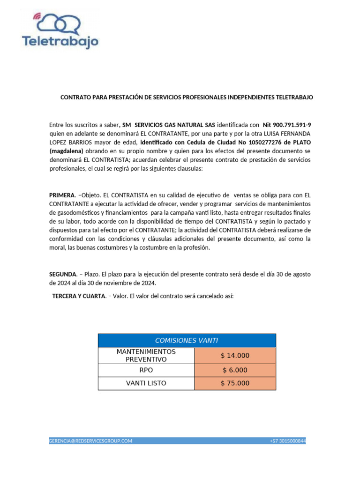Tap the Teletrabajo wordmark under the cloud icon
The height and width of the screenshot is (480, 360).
click(x=60, y=41)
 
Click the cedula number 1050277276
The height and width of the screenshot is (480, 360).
click(x=255, y=142)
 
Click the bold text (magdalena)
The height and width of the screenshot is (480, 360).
click(x=67, y=151)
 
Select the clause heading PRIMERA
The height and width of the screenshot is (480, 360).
click(x=62, y=195)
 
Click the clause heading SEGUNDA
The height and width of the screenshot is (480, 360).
click(x=63, y=274)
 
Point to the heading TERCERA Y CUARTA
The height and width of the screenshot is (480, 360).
click(x=79, y=297)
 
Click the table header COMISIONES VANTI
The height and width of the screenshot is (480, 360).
click(x=187, y=340)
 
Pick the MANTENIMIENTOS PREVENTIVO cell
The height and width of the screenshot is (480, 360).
click(x=146, y=355)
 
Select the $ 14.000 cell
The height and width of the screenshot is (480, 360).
click(x=235, y=356)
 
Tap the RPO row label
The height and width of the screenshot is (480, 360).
click(x=146, y=370)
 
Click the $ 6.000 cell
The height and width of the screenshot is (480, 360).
click(x=235, y=370)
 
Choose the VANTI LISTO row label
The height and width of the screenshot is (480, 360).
click(x=146, y=383)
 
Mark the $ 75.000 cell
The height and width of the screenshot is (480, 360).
click(x=235, y=383)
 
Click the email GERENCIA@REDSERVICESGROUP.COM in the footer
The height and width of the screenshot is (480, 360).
click(x=91, y=441)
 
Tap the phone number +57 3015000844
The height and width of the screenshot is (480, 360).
click(x=287, y=441)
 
